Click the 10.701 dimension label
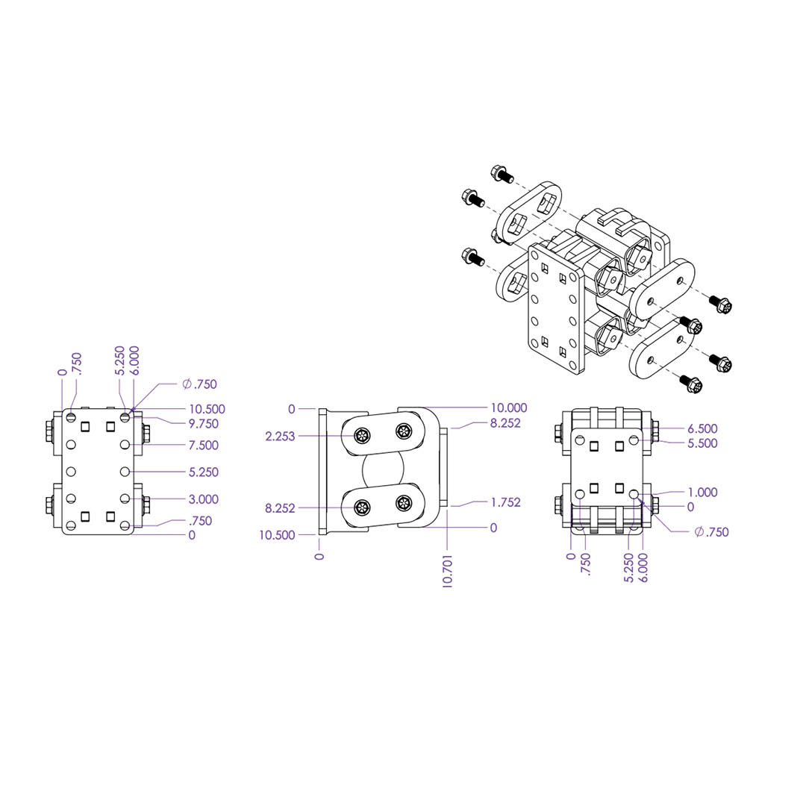(447, 571)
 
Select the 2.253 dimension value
(280, 437)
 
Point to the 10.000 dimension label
(509, 407)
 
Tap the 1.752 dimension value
(506, 502)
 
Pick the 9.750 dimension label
(204, 424)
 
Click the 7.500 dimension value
(204, 445)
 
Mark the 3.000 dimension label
(204, 499)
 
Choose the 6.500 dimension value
(703, 428)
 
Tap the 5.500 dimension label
(703, 443)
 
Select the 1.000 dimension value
(703, 492)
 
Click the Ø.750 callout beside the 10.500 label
(199, 384)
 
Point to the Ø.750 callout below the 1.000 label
(711, 532)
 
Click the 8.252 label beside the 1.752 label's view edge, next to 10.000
(506, 423)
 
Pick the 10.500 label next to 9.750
(207, 409)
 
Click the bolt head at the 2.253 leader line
(363, 437)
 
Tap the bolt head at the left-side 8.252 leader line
(363, 508)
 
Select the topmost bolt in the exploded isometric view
(502, 174)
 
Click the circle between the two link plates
(384, 471)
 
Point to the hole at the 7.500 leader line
(125, 444)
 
